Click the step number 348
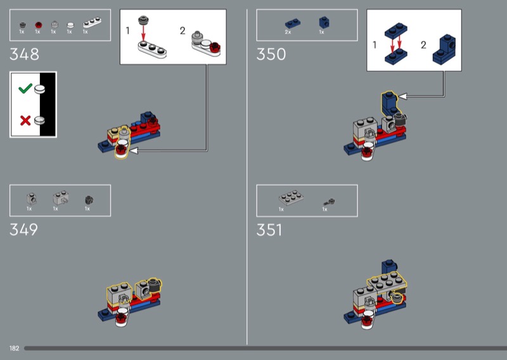(24, 54)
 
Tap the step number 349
(23, 229)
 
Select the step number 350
(271, 54)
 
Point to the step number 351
(269, 230)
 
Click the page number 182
(14, 349)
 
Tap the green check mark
(25, 88)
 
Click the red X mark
(25, 120)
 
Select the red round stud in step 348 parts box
(39, 25)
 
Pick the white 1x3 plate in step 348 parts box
(92, 23)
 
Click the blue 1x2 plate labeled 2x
(293, 23)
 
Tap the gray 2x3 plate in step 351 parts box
(291, 197)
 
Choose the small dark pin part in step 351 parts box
(329, 202)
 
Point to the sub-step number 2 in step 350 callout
(423, 45)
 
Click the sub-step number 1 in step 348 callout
(128, 30)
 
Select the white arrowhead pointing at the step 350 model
(402, 96)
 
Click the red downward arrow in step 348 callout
(143, 33)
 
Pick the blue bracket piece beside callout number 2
(444, 49)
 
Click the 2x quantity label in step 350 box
(288, 32)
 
